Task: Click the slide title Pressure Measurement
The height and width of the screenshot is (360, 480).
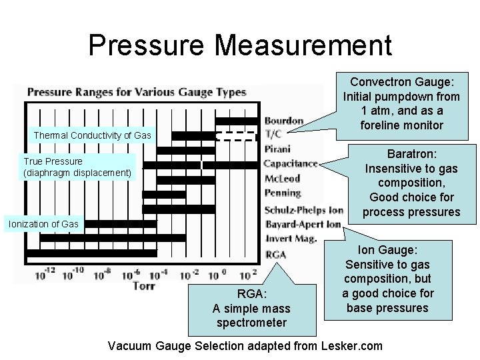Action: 240,45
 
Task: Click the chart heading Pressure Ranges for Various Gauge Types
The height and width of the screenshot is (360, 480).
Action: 136,92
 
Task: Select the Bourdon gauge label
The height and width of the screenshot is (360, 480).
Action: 284,121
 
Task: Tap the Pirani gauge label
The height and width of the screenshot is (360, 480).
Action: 277,149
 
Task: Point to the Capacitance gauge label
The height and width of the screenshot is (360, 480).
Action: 291,163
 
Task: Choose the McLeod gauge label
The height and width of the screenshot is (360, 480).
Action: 282,178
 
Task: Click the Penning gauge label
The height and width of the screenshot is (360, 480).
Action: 283,193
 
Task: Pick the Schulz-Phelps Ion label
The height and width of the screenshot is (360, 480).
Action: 304,209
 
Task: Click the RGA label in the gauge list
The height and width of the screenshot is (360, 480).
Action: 275,254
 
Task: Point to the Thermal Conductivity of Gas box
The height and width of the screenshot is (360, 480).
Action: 93,135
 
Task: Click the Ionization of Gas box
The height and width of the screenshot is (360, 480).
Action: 43,224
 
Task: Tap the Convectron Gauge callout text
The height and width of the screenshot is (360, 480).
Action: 402,103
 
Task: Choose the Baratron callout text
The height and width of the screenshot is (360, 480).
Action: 411,183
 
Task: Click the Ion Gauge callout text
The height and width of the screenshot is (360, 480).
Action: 388,279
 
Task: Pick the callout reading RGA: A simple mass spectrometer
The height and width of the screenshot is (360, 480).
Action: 251,308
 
